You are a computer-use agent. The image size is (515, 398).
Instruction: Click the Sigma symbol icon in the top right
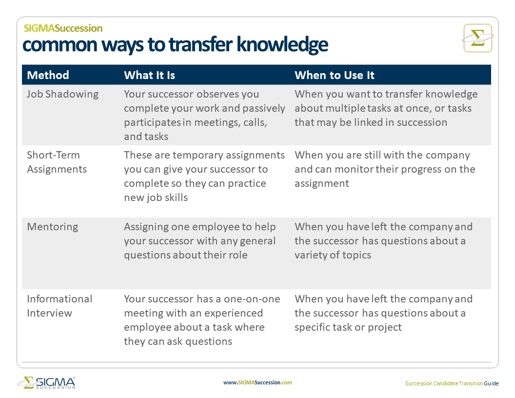tap(477, 38)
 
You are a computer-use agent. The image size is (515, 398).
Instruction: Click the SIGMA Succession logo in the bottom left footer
tap(46, 382)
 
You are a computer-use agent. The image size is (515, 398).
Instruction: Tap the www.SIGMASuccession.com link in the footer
tap(257, 382)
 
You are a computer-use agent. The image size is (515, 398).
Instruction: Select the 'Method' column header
tap(48, 75)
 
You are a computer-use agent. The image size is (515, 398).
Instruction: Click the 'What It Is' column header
tap(149, 75)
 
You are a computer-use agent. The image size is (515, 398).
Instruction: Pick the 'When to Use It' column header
tap(334, 75)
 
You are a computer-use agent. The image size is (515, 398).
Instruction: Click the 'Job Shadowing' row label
tap(62, 94)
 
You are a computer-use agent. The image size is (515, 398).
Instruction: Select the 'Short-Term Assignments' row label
tap(57, 162)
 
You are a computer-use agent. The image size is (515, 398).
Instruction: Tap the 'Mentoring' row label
tap(52, 227)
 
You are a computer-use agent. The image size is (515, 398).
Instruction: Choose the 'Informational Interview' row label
tap(59, 306)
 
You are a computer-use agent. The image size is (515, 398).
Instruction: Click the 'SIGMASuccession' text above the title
tap(63, 28)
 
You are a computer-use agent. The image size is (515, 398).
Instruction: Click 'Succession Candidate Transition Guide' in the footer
tap(452, 383)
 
